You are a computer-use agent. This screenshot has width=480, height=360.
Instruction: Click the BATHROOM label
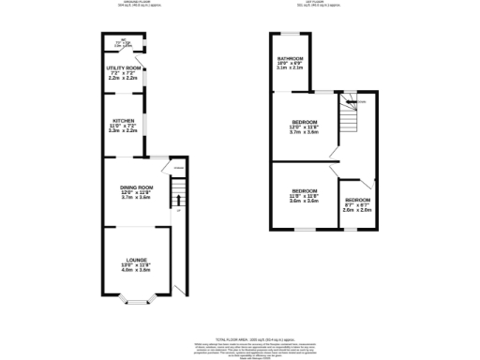coord(290,58)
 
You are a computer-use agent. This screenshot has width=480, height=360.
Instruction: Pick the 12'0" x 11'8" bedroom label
coord(304,123)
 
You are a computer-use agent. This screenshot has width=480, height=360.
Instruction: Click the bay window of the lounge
coord(137,302)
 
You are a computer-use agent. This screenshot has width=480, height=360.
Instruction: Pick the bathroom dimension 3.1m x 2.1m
coord(290,68)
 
